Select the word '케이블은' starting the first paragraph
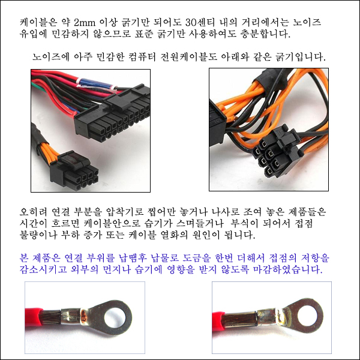point(38,23)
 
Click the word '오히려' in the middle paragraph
point(33,212)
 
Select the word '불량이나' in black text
point(38,235)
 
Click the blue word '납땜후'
point(133,258)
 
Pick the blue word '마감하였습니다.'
point(287,269)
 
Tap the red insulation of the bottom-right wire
point(218,318)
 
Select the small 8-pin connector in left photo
point(74,171)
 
